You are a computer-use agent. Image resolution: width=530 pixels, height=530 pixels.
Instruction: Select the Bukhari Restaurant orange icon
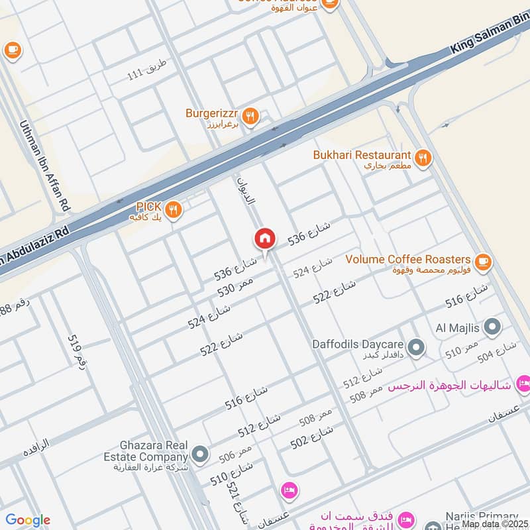pyautogui.click(x=423, y=158)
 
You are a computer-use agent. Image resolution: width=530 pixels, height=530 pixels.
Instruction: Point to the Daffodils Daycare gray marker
pyautogui.click(x=416, y=346)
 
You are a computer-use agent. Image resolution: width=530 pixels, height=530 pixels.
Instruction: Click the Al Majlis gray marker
pyautogui.click(x=492, y=326)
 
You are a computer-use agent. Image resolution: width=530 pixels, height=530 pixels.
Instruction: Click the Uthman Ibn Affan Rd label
pyautogui.click(x=45, y=162)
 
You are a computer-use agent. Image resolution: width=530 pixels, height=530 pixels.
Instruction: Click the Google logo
pyautogui.click(x=28, y=520)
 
